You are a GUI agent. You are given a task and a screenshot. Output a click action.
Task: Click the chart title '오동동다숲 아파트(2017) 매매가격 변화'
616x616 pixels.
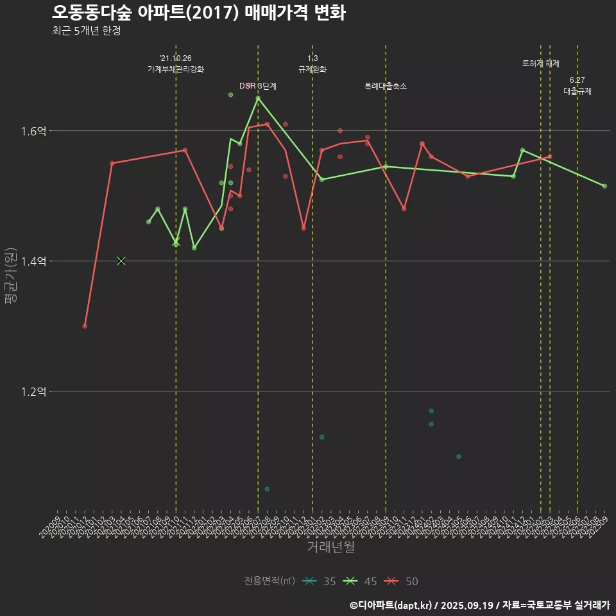(198, 12)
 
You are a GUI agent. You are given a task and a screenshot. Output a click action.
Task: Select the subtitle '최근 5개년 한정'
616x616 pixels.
(86, 31)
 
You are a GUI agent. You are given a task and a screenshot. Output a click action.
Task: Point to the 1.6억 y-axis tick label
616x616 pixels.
(33, 131)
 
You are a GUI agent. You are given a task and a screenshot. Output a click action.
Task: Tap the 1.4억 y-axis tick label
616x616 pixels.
(33, 261)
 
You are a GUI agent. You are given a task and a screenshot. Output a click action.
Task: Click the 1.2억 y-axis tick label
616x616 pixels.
(33, 391)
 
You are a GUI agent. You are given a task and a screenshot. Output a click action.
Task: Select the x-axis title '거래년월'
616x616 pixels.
(330, 547)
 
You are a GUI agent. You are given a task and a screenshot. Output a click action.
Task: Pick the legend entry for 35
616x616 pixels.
(319, 581)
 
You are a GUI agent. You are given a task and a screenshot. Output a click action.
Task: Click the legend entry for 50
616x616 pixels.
(402, 581)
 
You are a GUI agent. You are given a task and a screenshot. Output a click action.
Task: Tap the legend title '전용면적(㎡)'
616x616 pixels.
(269, 581)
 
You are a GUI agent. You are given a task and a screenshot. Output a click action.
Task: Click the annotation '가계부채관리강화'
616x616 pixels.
(176, 69)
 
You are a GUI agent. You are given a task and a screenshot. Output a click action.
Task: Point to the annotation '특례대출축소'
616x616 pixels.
(386, 86)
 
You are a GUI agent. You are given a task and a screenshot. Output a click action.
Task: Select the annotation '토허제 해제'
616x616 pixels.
(541, 64)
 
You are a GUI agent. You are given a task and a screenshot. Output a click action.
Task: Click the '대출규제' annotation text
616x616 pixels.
(577, 91)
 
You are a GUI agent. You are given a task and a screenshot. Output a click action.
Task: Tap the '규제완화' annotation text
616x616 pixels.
(312, 69)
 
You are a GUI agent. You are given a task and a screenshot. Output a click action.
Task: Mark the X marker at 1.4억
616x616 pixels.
(121, 261)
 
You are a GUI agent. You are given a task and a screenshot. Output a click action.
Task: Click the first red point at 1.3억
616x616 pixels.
(85, 326)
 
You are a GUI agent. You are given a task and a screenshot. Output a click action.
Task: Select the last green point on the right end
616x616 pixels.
(604, 185)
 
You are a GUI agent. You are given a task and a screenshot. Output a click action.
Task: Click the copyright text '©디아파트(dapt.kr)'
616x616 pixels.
(391, 605)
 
